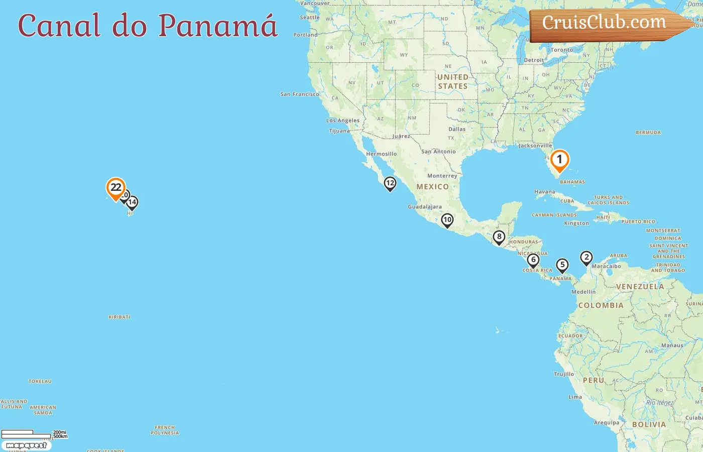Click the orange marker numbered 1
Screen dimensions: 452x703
[x=559, y=161]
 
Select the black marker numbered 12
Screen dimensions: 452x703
[x=390, y=184]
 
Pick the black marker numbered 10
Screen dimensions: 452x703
[x=447, y=220]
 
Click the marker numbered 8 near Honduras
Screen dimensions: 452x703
[x=499, y=237]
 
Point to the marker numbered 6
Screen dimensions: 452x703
[x=533, y=260]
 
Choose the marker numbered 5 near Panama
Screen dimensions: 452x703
[x=562, y=265]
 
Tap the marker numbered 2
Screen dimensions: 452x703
[x=586, y=258]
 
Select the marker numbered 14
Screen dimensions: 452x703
[x=132, y=202]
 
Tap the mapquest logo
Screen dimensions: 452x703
[x=26, y=445]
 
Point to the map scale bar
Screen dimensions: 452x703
[x=26, y=434]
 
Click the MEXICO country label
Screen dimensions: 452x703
[x=432, y=187]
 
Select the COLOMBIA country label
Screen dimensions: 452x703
[x=601, y=305]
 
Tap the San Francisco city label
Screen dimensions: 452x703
[x=299, y=94]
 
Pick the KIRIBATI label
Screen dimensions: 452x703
[x=120, y=317]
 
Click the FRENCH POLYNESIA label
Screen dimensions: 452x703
[x=165, y=430]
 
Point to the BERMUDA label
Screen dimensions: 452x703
[x=648, y=133]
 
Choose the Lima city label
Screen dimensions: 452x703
[x=575, y=397]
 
